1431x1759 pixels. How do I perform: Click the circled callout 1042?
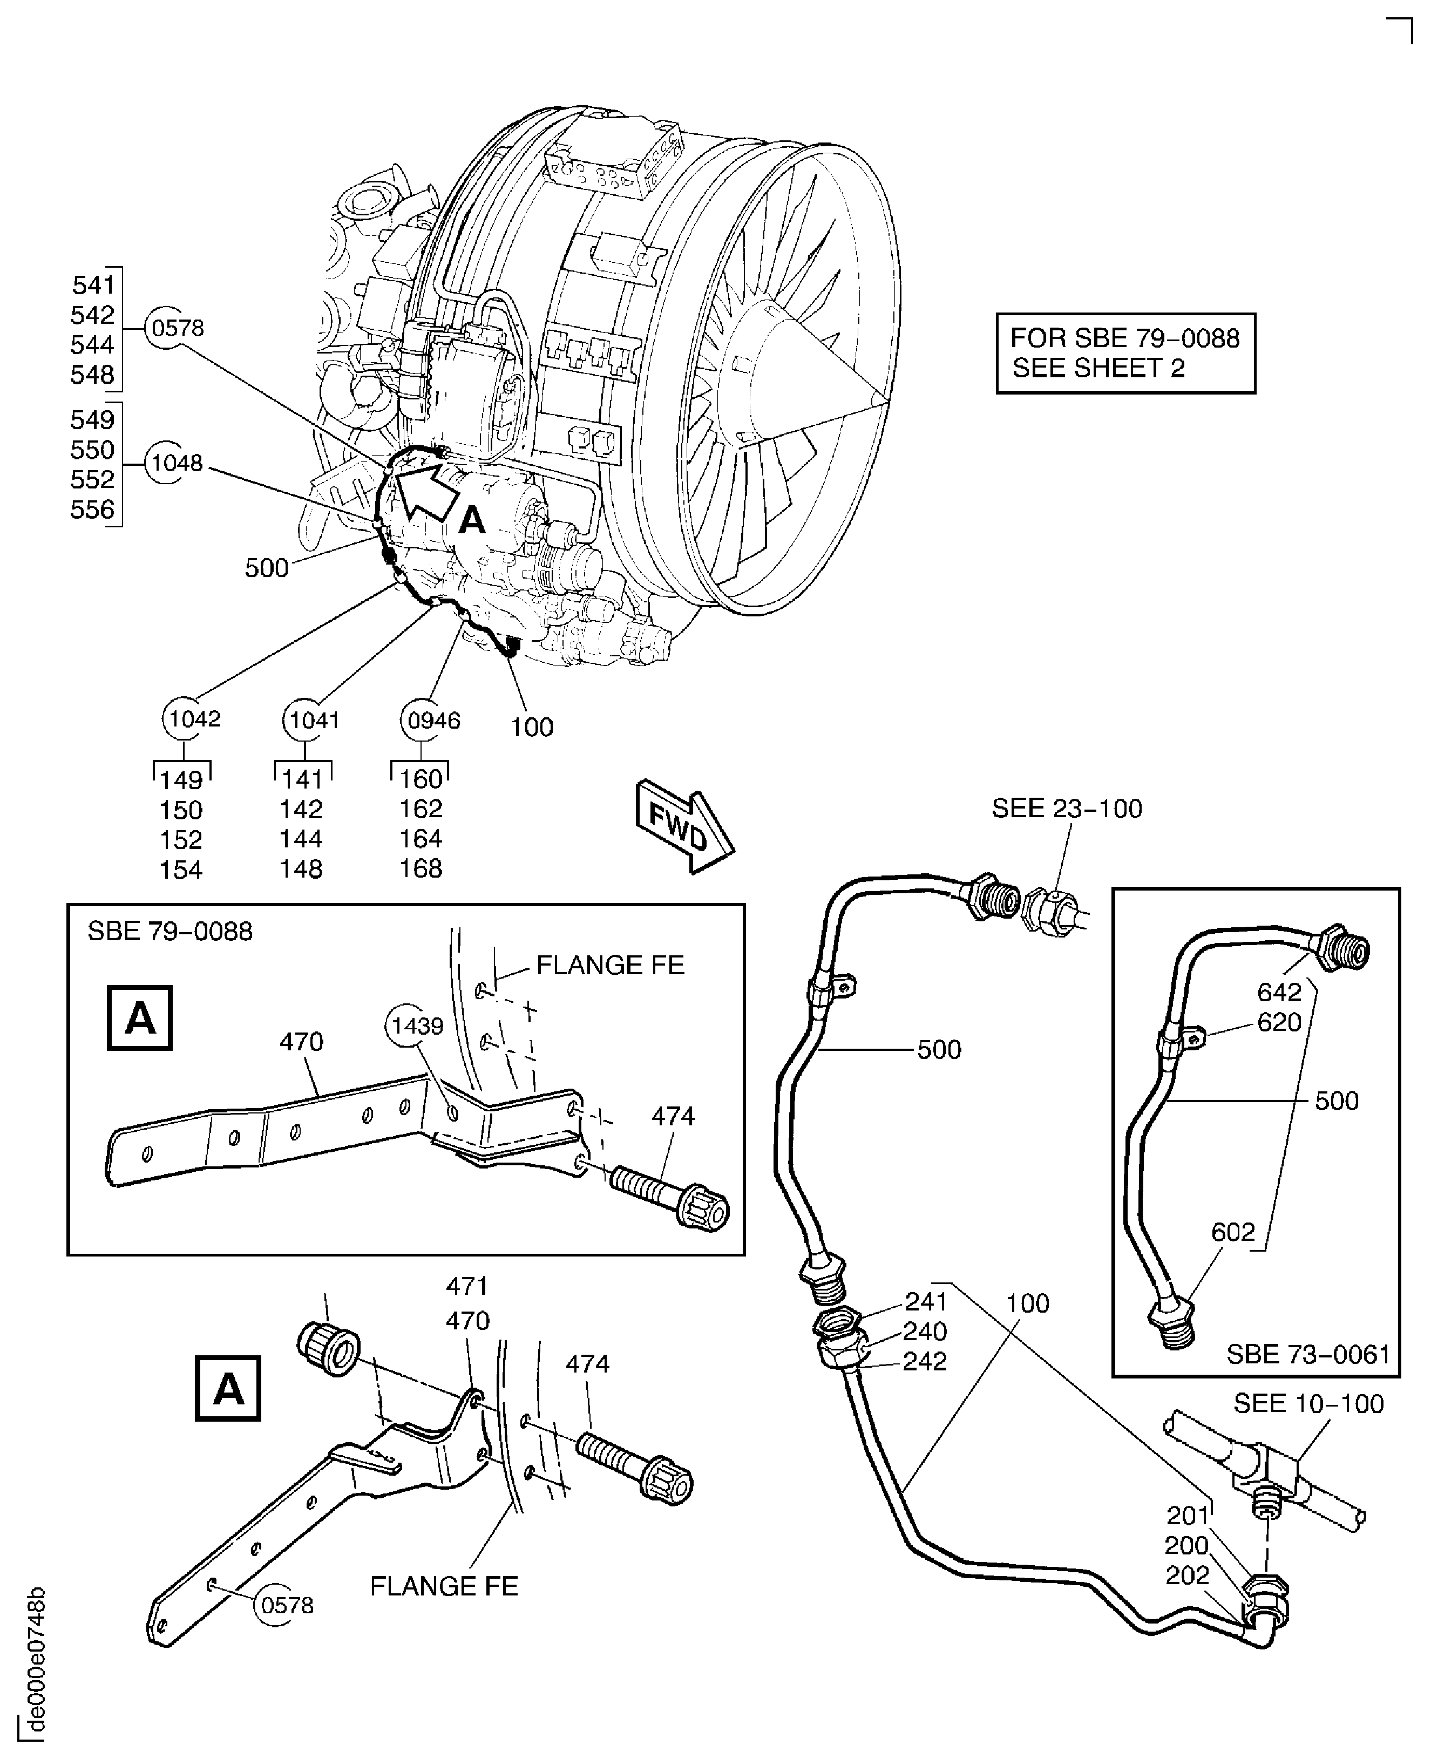click(x=194, y=719)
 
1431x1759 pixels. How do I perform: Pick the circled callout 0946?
click(x=433, y=721)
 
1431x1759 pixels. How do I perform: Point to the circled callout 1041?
click(x=313, y=721)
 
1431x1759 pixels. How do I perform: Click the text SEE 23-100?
click(x=1067, y=809)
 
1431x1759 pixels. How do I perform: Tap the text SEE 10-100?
click(x=1308, y=1404)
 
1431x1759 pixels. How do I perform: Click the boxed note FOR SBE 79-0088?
click(x=1125, y=353)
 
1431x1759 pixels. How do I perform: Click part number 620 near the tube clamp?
click(x=1279, y=1022)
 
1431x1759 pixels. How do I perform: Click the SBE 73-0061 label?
click(x=1308, y=1354)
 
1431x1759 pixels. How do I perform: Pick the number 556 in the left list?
click(x=92, y=510)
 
